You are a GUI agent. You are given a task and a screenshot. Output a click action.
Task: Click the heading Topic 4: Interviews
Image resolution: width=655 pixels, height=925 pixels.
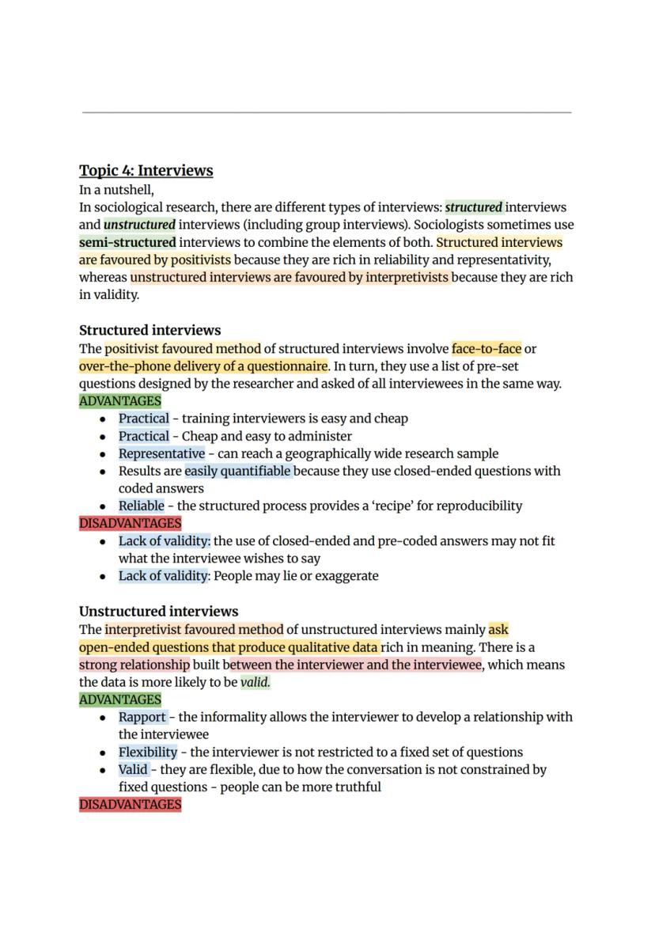(146, 170)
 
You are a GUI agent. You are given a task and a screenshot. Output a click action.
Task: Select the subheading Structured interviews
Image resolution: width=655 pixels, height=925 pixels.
(150, 330)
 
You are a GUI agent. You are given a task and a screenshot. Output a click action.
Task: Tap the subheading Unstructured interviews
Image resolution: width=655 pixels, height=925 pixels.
(158, 612)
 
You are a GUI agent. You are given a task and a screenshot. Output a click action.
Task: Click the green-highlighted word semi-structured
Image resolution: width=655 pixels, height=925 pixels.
(127, 242)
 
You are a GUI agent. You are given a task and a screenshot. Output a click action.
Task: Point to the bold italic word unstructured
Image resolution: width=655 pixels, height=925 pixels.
(139, 225)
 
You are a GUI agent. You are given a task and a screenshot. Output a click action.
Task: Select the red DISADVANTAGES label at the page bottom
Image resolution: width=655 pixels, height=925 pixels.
(130, 805)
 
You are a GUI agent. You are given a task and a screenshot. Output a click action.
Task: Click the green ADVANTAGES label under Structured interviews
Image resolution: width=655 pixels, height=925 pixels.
(119, 401)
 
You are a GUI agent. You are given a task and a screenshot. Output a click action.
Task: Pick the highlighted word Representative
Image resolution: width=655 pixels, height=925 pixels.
(161, 453)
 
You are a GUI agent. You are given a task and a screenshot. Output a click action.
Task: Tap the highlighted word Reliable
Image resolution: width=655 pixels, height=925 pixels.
(142, 506)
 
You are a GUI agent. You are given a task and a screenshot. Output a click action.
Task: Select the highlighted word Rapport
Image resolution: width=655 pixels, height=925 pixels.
(142, 717)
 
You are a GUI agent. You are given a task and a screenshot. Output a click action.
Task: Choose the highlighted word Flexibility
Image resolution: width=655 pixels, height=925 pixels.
(148, 752)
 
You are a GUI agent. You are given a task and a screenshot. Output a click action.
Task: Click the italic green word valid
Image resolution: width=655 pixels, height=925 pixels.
(255, 682)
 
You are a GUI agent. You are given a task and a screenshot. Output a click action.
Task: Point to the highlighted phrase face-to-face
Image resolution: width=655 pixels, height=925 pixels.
(487, 348)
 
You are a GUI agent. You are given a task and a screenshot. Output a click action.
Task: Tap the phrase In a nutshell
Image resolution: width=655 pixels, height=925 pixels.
(116, 190)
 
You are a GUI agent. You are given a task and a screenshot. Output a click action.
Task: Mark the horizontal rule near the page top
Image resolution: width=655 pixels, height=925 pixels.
(327, 112)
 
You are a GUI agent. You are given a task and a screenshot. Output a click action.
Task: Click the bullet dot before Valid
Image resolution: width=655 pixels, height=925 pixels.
(103, 770)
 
